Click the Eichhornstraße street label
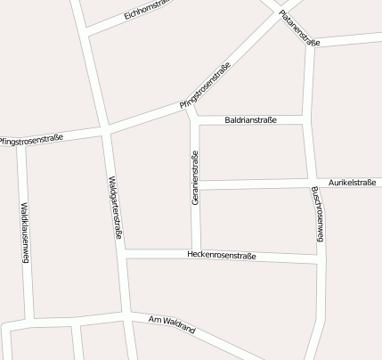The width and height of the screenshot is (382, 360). point(148,10)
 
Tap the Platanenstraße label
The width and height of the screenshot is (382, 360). point(298,27)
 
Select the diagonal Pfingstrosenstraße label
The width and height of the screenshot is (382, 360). point(206,86)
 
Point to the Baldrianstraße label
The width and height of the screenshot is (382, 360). point(251,119)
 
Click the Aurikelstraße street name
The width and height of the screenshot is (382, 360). point(352,182)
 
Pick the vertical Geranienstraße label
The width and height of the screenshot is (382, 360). point(195,179)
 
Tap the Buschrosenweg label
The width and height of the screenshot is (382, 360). point(318,215)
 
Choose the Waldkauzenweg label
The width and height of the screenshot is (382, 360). point(25,233)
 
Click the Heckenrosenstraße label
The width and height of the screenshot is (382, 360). point(222,256)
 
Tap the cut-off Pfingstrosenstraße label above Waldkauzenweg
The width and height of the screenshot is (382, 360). point(32,141)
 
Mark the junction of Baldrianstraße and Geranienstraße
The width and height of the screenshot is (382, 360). point(193,120)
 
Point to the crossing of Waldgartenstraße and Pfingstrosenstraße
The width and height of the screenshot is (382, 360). point(106,130)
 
